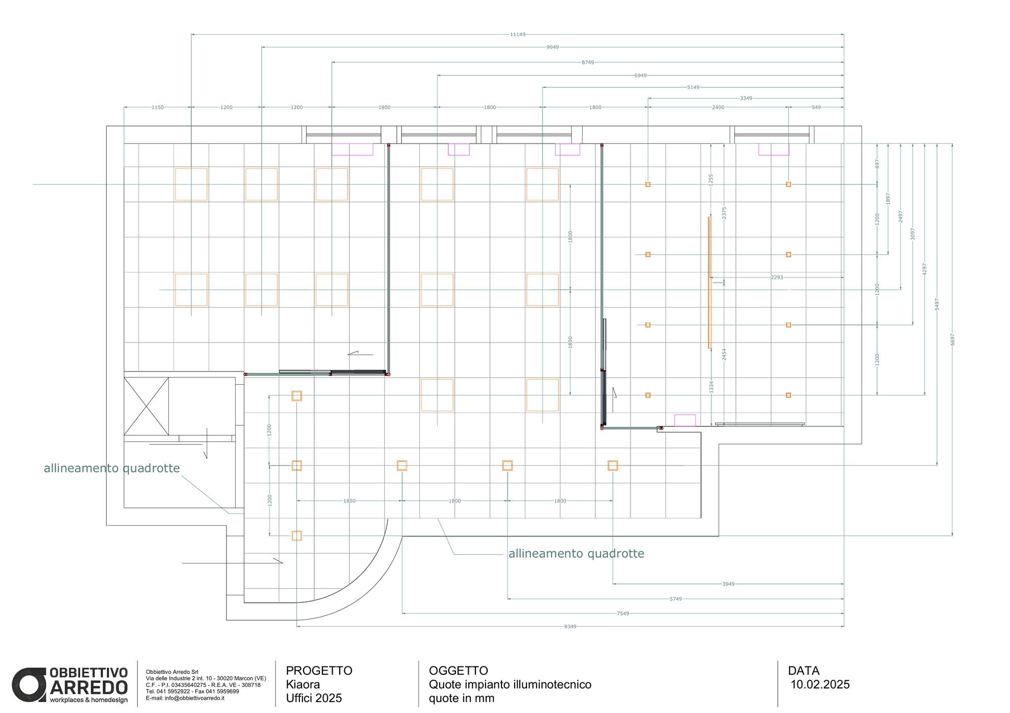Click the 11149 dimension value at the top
517,35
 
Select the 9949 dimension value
552,47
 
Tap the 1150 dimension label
158,108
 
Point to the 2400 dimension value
718,108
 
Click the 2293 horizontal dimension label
776,278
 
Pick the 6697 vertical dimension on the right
952,340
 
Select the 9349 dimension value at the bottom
570,627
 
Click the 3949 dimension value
728,584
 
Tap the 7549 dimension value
623,613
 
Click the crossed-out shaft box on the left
146,406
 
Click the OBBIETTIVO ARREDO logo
70,685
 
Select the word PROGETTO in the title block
319,671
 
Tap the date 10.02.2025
820,685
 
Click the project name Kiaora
303,684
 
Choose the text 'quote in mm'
462,698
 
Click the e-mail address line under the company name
185,698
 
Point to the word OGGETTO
459,671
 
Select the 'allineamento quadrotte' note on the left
112,469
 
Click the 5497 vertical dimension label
937,305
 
